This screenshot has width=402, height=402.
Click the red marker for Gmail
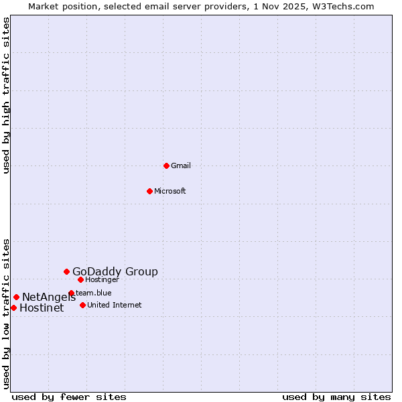[x=166, y=165]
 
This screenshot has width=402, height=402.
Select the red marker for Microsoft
[x=149, y=191]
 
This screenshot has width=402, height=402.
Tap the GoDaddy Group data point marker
[x=66, y=271]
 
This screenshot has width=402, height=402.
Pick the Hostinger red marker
[x=80, y=279]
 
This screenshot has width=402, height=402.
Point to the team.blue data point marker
[x=71, y=293]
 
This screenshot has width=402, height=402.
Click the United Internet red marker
[x=82, y=305]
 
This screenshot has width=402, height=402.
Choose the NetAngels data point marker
[x=16, y=297]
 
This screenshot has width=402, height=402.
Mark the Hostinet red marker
[x=13, y=308]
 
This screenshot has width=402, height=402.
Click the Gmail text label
[x=181, y=165]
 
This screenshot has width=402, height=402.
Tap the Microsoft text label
[x=170, y=191]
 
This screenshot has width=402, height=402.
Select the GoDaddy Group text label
[x=115, y=271]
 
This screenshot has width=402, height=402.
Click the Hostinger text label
[x=102, y=279]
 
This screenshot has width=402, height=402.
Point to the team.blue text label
[x=94, y=293]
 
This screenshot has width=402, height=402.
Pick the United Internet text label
[x=114, y=305]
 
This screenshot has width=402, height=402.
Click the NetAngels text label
[x=49, y=297]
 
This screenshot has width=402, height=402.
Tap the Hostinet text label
[x=42, y=308]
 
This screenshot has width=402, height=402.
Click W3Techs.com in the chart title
[x=346, y=6]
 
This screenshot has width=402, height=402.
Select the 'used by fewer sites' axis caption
[x=69, y=397]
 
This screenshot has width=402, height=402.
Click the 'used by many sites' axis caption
[x=336, y=397]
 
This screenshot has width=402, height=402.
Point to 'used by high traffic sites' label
[x=6, y=95]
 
